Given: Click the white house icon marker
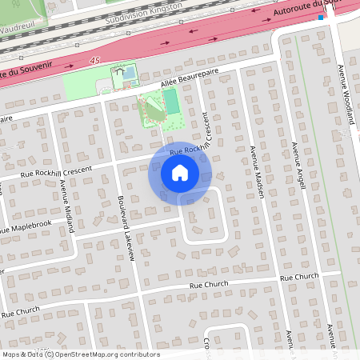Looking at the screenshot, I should (179, 173).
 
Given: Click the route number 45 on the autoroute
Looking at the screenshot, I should (95, 60).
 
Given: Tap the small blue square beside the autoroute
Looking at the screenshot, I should (321, 16).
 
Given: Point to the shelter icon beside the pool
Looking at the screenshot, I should (120, 71).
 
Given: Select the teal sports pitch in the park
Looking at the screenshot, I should (170, 102).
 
